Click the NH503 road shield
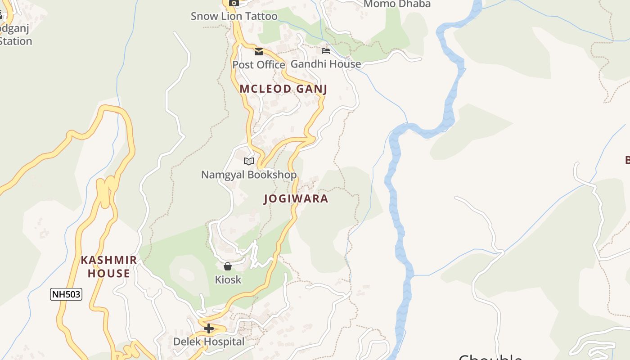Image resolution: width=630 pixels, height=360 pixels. [66, 295]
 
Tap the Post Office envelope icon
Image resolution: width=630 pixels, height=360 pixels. [259, 52]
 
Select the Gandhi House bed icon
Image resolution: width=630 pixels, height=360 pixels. [326, 50]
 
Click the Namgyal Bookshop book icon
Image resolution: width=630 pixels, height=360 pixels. [249, 161]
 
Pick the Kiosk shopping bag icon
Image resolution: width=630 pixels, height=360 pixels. [228, 266]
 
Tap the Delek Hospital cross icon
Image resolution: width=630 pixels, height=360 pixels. [209, 328]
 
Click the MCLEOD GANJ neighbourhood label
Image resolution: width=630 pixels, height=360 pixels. [283, 89]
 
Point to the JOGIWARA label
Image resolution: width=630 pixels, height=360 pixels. [296, 198]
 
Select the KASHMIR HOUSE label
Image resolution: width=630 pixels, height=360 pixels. [109, 266]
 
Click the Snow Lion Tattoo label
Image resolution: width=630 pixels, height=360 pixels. [234, 16]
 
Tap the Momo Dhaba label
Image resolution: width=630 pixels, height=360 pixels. [397, 4]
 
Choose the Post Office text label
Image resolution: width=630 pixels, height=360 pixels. [258, 65]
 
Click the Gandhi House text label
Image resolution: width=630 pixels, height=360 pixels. [326, 64]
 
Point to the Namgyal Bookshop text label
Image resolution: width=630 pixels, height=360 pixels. [249, 175]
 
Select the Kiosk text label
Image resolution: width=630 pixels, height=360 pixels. [228, 280]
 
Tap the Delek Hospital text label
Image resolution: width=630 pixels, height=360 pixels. [209, 342]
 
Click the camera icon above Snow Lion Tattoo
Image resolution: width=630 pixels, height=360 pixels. [234, 3]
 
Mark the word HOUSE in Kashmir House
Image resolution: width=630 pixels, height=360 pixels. [109, 273]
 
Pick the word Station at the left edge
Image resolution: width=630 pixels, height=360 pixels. [16, 41]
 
